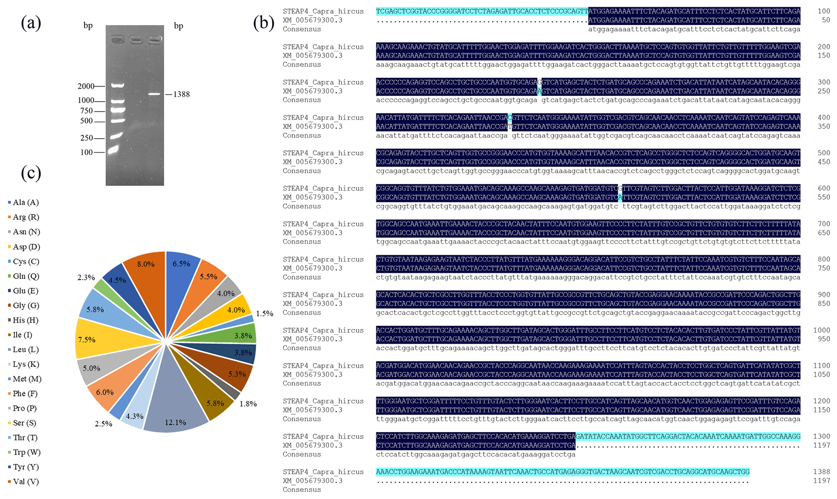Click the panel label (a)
click(31, 23)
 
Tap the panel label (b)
click(264, 23)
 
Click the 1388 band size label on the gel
click(181, 94)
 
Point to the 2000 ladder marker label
click(86, 86)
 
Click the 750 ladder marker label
click(86, 111)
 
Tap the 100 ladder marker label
click(86, 152)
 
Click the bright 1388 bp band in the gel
click(154, 94)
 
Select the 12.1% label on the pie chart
click(175, 422)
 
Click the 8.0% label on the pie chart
click(146, 264)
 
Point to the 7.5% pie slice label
click(87, 339)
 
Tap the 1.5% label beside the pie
click(264, 313)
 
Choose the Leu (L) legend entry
click(26, 350)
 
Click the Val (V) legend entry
click(26, 482)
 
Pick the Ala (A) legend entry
click(26, 202)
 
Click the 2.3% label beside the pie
click(86, 277)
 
